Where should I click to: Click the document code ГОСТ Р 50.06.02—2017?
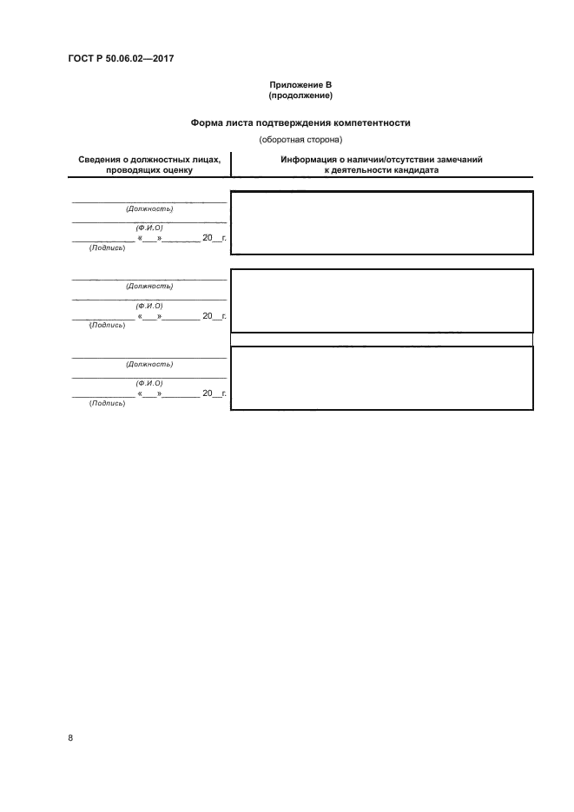[122, 59]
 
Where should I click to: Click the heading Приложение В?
[300, 85]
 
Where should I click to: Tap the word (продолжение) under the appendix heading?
[300, 95]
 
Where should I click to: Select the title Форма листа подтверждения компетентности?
[300, 123]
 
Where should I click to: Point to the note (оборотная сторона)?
[300, 139]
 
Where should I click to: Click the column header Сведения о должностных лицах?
[149, 160]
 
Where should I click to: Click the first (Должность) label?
[149, 208]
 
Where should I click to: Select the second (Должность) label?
[149, 286]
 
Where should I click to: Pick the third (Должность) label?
[149, 364]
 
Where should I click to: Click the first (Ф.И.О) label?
[149, 228]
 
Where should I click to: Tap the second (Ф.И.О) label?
[149, 305]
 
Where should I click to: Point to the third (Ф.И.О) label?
[149, 383]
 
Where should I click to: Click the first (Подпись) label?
[107, 248]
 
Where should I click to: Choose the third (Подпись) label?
[107, 403]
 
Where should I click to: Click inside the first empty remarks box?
[382, 222]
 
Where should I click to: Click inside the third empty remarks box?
[382, 378]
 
